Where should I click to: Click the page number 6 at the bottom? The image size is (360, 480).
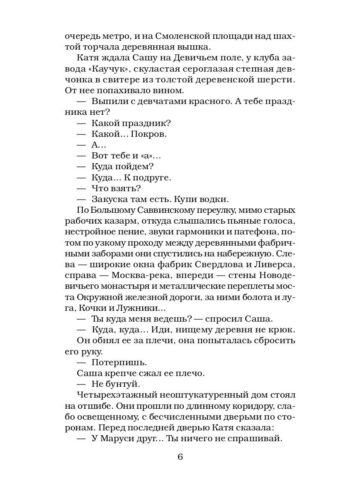(180, 457)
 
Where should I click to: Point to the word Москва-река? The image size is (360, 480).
(139, 275)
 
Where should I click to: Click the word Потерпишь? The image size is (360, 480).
(119, 362)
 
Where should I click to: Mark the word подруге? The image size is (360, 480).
(156, 177)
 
